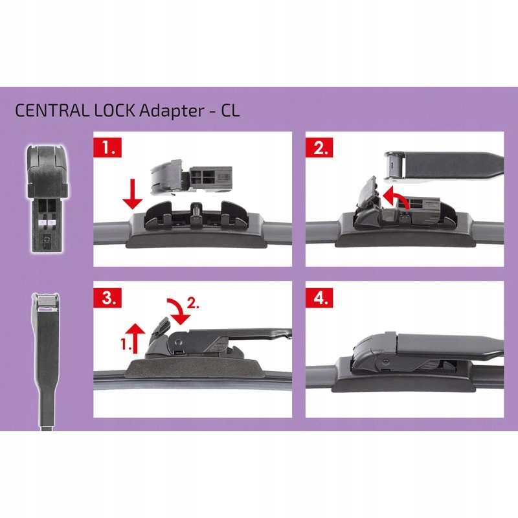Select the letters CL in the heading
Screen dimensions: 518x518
pyautogui.click(x=229, y=109)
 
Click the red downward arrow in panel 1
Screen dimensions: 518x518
pyautogui.click(x=132, y=194)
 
